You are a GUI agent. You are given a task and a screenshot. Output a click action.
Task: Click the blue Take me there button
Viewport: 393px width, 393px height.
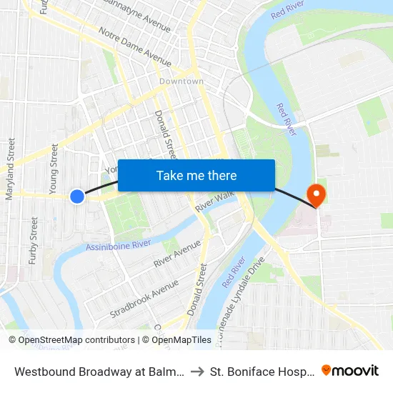pyautogui.click(x=196, y=175)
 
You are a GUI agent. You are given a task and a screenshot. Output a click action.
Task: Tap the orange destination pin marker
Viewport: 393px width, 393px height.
pyautogui.click(x=315, y=194)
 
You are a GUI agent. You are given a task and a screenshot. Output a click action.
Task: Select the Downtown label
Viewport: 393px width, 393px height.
pyautogui.click(x=181, y=81)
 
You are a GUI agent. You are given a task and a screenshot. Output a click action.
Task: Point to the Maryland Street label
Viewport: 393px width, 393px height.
pyautogui.click(x=11, y=169)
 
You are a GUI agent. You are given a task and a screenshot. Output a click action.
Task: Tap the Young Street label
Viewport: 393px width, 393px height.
pyautogui.click(x=54, y=169)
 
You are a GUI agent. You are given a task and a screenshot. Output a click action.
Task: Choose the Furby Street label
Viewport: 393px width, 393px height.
pyautogui.click(x=33, y=241)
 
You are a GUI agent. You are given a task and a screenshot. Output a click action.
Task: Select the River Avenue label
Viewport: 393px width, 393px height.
pyautogui.click(x=177, y=253)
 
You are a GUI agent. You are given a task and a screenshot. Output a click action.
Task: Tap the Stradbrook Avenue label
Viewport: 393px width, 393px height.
pyautogui.click(x=144, y=299)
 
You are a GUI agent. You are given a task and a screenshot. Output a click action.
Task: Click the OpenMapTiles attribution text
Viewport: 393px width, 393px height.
pyautogui.click(x=181, y=340)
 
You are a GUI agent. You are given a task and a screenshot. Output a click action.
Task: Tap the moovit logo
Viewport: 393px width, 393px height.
pyautogui.click(x=350, y=370)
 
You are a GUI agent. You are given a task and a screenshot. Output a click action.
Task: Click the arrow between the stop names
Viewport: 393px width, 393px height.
pyautogui.click(x=197, y=372)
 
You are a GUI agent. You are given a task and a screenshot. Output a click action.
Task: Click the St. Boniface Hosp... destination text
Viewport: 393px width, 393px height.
pyautogui.click(x=262, y=372)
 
